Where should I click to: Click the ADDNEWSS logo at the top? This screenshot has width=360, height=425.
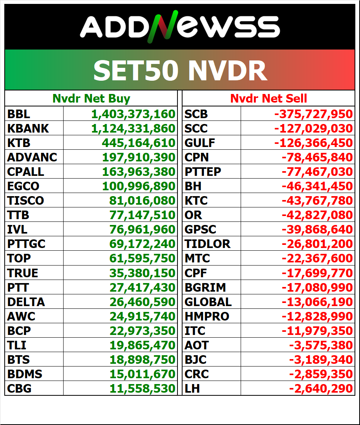pos(180,27)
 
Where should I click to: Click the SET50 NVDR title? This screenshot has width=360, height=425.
pos(180,71)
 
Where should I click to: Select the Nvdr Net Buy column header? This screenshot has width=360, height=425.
pos(91,99)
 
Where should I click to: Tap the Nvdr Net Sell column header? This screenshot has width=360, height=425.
pos(268,99)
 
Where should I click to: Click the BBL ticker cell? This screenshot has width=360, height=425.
pos(19,114)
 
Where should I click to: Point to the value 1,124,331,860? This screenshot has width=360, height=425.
pos(133,129)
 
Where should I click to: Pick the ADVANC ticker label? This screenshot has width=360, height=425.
pos(32,158)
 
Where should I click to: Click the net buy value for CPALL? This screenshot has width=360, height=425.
pos(138,172)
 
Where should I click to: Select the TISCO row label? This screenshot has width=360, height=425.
pos(25,201)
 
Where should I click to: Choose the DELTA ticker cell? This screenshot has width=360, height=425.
pos(26,302)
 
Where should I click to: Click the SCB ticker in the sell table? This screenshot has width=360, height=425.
pos(196,114)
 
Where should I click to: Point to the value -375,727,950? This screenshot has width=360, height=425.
pos(313,114)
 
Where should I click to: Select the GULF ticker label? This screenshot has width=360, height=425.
pos(200,143)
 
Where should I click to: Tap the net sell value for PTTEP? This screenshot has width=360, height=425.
pos(317,172)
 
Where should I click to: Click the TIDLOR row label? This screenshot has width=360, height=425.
pos(207,244)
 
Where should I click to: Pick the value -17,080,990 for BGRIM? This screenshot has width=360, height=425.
pos(317,287)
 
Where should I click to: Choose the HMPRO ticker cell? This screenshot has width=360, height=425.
pos(207,316)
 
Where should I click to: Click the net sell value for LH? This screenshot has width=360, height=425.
pos(321,388)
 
